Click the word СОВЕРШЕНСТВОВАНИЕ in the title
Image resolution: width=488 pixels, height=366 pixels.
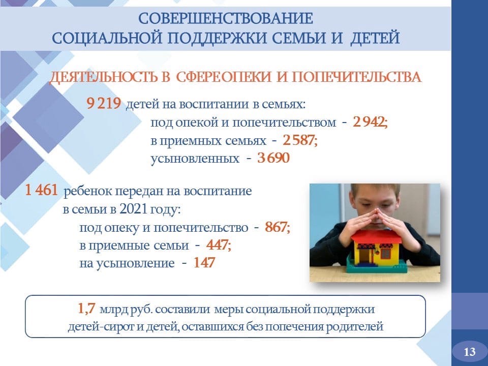click(x=226, y=19)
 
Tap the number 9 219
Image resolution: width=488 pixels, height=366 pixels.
click(x=104, y=104)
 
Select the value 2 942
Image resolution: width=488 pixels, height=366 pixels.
click(x=370, y=122)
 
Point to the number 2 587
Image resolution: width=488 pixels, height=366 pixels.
click(x=300, y=140)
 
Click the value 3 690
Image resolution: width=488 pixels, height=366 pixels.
click(x=273, y=158)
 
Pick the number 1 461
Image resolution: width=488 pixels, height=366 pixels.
click(x=41, y=190)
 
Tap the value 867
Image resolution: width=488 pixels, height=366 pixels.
click(x=278, y=227)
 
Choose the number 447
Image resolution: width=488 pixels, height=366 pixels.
click(x=219, y=245)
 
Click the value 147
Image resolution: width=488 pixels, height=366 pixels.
click(x=204, y=263)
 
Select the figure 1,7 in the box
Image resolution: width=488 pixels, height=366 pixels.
click(x=86, y=309)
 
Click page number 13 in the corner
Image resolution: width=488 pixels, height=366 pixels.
click(x=470, y=352)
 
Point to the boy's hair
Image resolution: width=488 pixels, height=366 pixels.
click(x=375, y=189)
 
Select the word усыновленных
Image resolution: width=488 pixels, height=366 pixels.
click(x=195, y=159)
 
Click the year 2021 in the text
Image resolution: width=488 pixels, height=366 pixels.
click(x=133, y=209)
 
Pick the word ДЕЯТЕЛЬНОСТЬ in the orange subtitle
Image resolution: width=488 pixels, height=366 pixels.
click(x=104, y=77)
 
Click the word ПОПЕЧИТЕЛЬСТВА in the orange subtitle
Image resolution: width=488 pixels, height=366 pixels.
click(x=356, y=77)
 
